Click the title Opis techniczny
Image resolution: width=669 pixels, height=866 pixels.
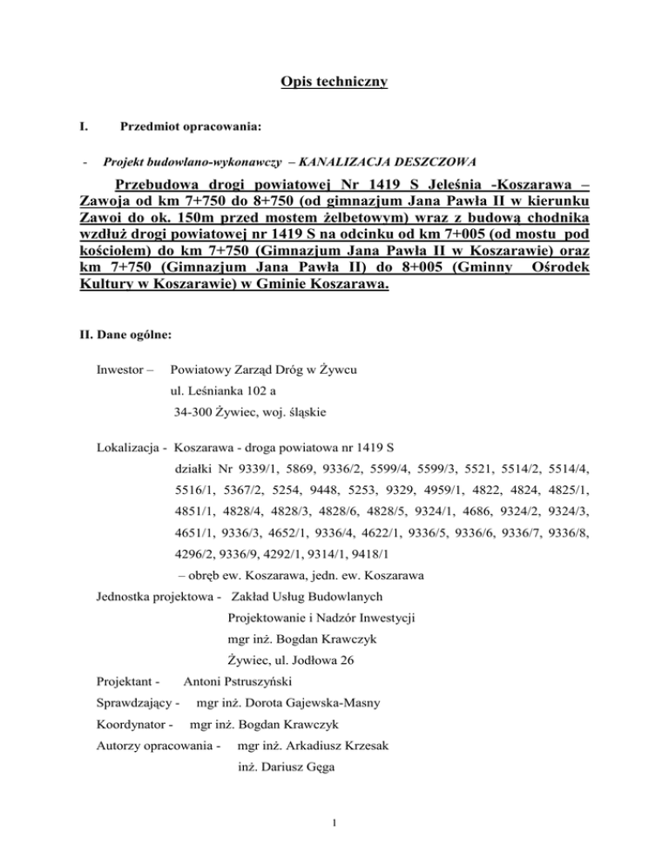[x=334, y=83]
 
